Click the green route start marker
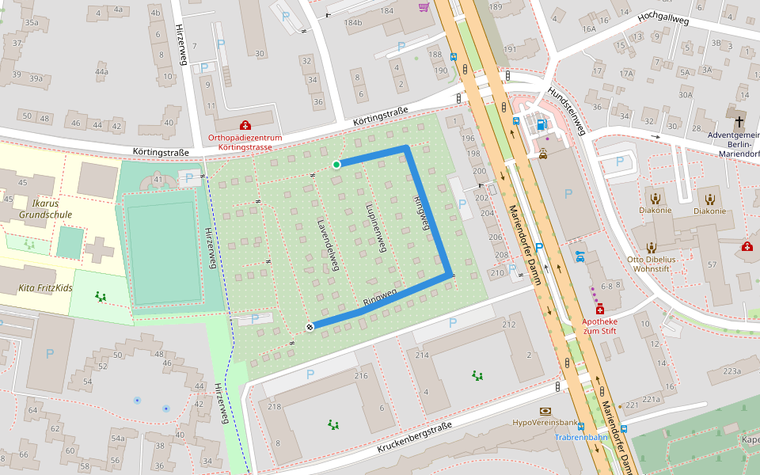pos(336,165)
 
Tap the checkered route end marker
pos(310,327)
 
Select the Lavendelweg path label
pos(327,245)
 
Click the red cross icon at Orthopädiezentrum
pos(245,125)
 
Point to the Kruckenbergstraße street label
pos(414,437)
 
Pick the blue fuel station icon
pos(541,123)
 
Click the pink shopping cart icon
pos(424,7)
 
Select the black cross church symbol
pos(739,122)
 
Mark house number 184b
pos(353,22)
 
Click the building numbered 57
pos(712,264)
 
